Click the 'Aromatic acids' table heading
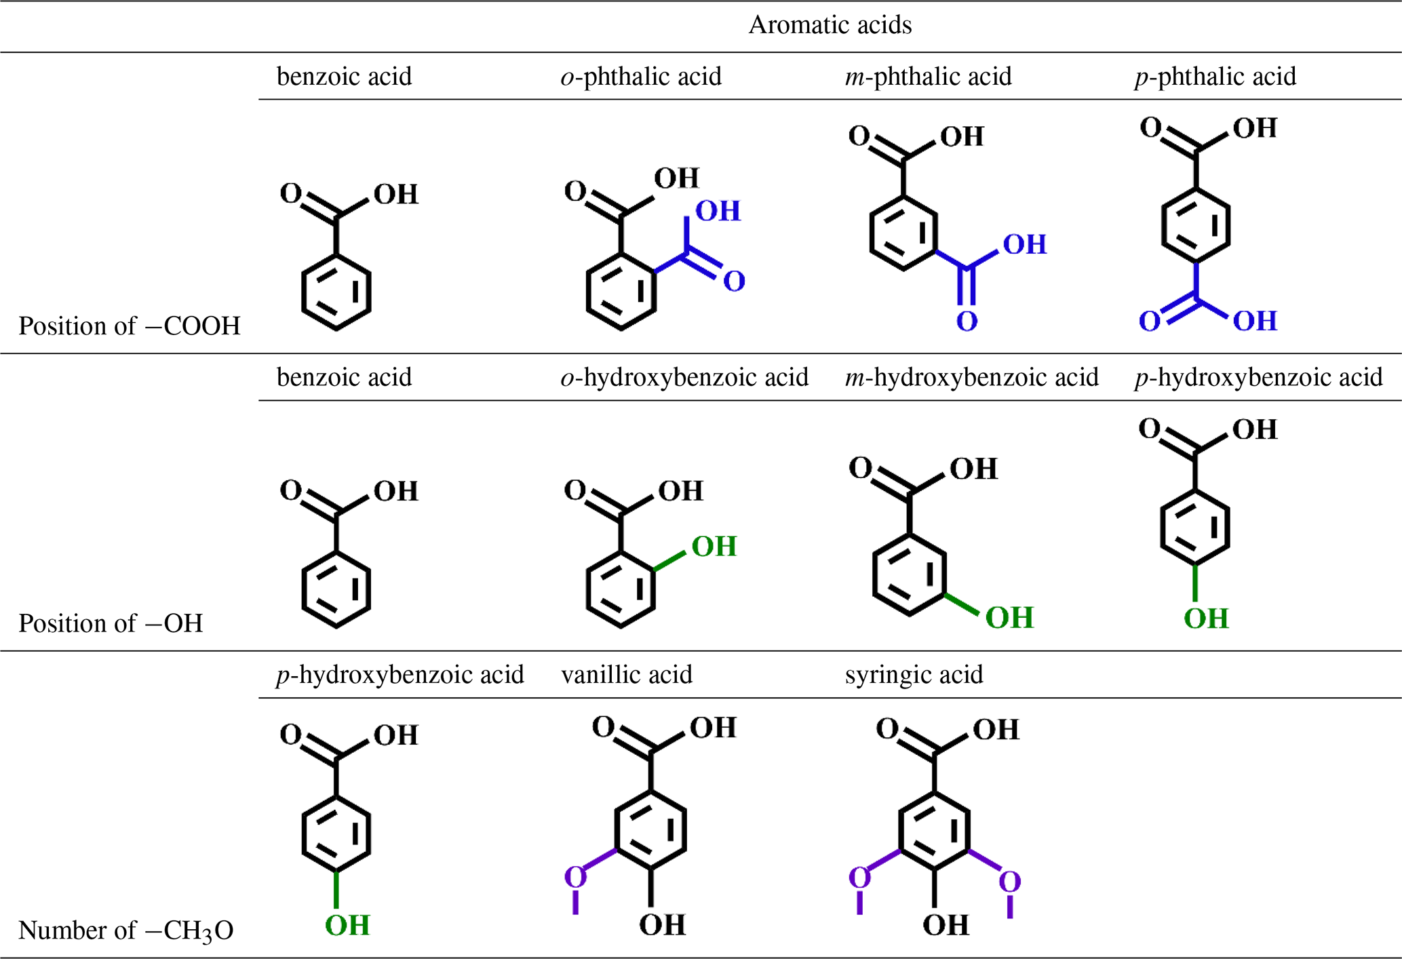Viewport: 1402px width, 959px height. click(830, 25)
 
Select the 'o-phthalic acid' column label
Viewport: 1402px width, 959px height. click(641, 77)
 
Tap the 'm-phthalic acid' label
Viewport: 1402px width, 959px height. click(928, 77)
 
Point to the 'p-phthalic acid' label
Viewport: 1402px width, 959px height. click(1215, 77)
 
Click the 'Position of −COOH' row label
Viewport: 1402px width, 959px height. click(129, 326)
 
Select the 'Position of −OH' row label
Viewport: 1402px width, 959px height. click(111, 623)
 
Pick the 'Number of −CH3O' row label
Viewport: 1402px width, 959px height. click(125, 931)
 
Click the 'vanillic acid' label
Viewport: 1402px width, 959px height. click(627, 675)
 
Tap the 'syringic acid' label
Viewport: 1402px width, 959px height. click(914, 675)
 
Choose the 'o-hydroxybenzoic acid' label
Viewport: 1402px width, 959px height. click(684, 377)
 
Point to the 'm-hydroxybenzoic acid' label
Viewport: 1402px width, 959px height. click(971, 377)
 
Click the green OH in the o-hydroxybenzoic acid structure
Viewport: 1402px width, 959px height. click(714, 547)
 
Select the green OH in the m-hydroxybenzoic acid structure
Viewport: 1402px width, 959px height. click(1009, 618)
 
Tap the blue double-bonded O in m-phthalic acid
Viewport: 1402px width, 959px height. click(967, 321)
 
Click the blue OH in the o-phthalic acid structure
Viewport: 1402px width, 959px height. click(718, 212)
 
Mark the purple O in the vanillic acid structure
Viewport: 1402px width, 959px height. click(575, 877)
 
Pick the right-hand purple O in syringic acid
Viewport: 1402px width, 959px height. click(1009, 882)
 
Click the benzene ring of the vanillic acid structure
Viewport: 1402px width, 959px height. click(650, 829)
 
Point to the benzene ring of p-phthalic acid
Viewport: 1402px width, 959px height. click(1196, 225)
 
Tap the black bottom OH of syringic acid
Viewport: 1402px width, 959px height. click(946, 925)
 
